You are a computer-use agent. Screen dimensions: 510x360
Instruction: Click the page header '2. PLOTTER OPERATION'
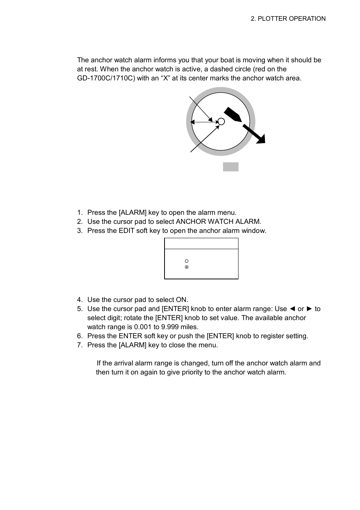(288, 18)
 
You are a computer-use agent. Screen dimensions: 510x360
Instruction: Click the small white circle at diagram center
(222, 121)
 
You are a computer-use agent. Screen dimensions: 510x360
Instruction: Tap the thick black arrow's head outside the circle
(260, 139)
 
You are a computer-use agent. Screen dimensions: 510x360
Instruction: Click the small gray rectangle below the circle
(231, 167)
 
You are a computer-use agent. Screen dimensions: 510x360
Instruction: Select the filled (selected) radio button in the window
(187, 267)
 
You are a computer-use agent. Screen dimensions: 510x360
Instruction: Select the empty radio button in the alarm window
(187, 261)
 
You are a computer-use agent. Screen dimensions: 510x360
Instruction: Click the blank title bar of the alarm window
(201, 243)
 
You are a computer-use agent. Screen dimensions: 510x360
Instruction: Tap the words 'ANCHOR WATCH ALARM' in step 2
(218, 222)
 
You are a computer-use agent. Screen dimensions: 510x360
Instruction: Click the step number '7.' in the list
(80, 345)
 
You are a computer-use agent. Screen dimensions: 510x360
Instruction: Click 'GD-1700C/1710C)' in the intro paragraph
(100, 78)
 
